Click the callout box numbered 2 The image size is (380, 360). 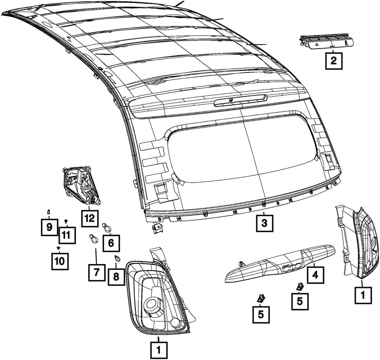333,61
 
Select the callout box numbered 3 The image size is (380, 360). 264,223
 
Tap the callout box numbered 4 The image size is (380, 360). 315,275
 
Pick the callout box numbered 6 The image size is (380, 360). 111,242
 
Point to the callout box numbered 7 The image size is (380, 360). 96,272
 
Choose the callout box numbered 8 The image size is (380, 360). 116,277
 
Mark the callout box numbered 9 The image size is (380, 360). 49,228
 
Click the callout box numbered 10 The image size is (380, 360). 59,261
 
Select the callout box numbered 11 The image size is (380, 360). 67,235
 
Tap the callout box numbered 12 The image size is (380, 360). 89,218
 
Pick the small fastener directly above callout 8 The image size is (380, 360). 117,259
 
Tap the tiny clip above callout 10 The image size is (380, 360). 59,249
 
